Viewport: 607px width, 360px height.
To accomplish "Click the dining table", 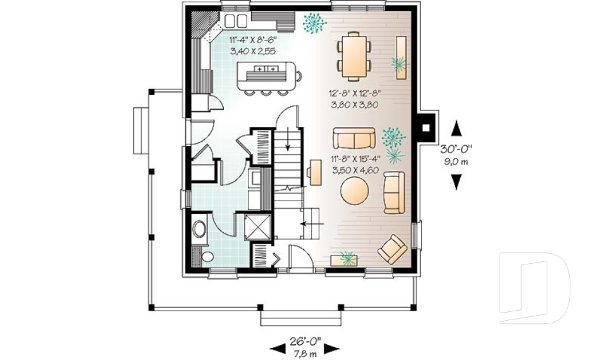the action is coord(353,56).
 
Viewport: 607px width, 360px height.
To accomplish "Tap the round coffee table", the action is coord(355,190).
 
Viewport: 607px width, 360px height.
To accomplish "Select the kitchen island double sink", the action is coord(267,69).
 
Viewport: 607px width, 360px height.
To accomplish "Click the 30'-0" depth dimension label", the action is coord(457,149).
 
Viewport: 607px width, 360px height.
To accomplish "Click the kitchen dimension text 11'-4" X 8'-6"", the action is coord(253,39).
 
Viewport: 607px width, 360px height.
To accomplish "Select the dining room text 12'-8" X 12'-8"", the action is coord(354,93).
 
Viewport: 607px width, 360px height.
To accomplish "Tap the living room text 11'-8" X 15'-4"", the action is coord(356,159).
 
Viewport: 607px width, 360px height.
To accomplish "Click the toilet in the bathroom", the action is coord(206,256).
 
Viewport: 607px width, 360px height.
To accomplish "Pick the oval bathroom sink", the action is coord(200,228).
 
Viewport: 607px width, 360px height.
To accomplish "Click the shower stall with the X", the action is coord(257,227).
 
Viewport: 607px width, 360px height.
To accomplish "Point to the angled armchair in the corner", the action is coord(393,249).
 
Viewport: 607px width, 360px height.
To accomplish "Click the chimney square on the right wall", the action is coord(426,128).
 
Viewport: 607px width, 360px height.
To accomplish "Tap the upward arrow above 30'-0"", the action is coord(457,128).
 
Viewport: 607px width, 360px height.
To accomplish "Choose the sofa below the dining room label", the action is coord(354,138).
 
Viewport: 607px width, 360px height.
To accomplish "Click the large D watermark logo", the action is coord(534,288).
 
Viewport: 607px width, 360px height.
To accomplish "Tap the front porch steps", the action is coord(301,319).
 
